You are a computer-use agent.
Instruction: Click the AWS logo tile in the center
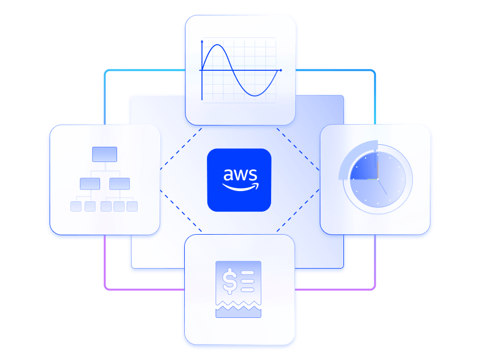[239, 180]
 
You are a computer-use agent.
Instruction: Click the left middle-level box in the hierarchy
[90, 183]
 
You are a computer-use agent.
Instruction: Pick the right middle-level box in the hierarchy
[120, 183]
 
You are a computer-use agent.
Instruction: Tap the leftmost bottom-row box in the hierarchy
[75, 206]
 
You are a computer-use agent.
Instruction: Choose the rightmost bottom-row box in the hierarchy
[132, 206]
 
